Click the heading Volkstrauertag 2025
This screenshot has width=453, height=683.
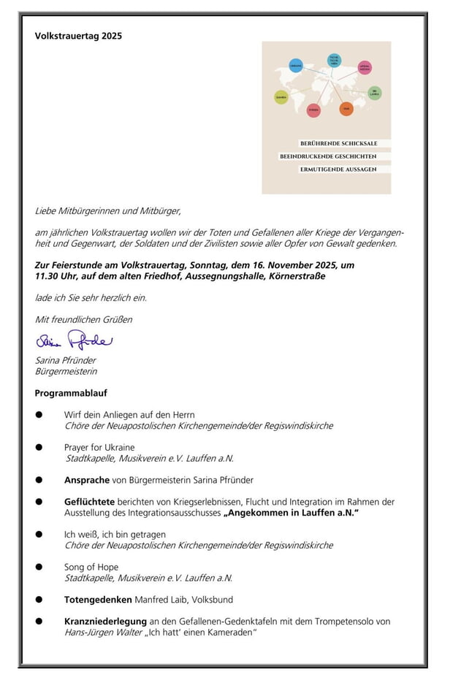tap(78, 36)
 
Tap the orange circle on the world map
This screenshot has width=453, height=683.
tap(346, 109)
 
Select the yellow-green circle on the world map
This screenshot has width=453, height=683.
tap(281, 96)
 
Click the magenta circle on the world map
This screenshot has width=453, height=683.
tap(365, 68)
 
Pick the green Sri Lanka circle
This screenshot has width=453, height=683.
tap(374, 94)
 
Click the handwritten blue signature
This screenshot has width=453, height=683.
tap(74, 340)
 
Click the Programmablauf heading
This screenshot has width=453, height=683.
tap(71, 393)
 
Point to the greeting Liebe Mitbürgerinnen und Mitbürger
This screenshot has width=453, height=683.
tap(107, 211)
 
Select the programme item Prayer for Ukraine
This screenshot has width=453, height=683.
tap(99, 447)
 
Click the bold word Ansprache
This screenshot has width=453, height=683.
tap(87, 480)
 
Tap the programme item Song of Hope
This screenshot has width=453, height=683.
tap(91, 567)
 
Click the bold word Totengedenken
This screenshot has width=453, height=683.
tap(98, 600)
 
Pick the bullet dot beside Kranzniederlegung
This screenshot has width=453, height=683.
tap(39, 622)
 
